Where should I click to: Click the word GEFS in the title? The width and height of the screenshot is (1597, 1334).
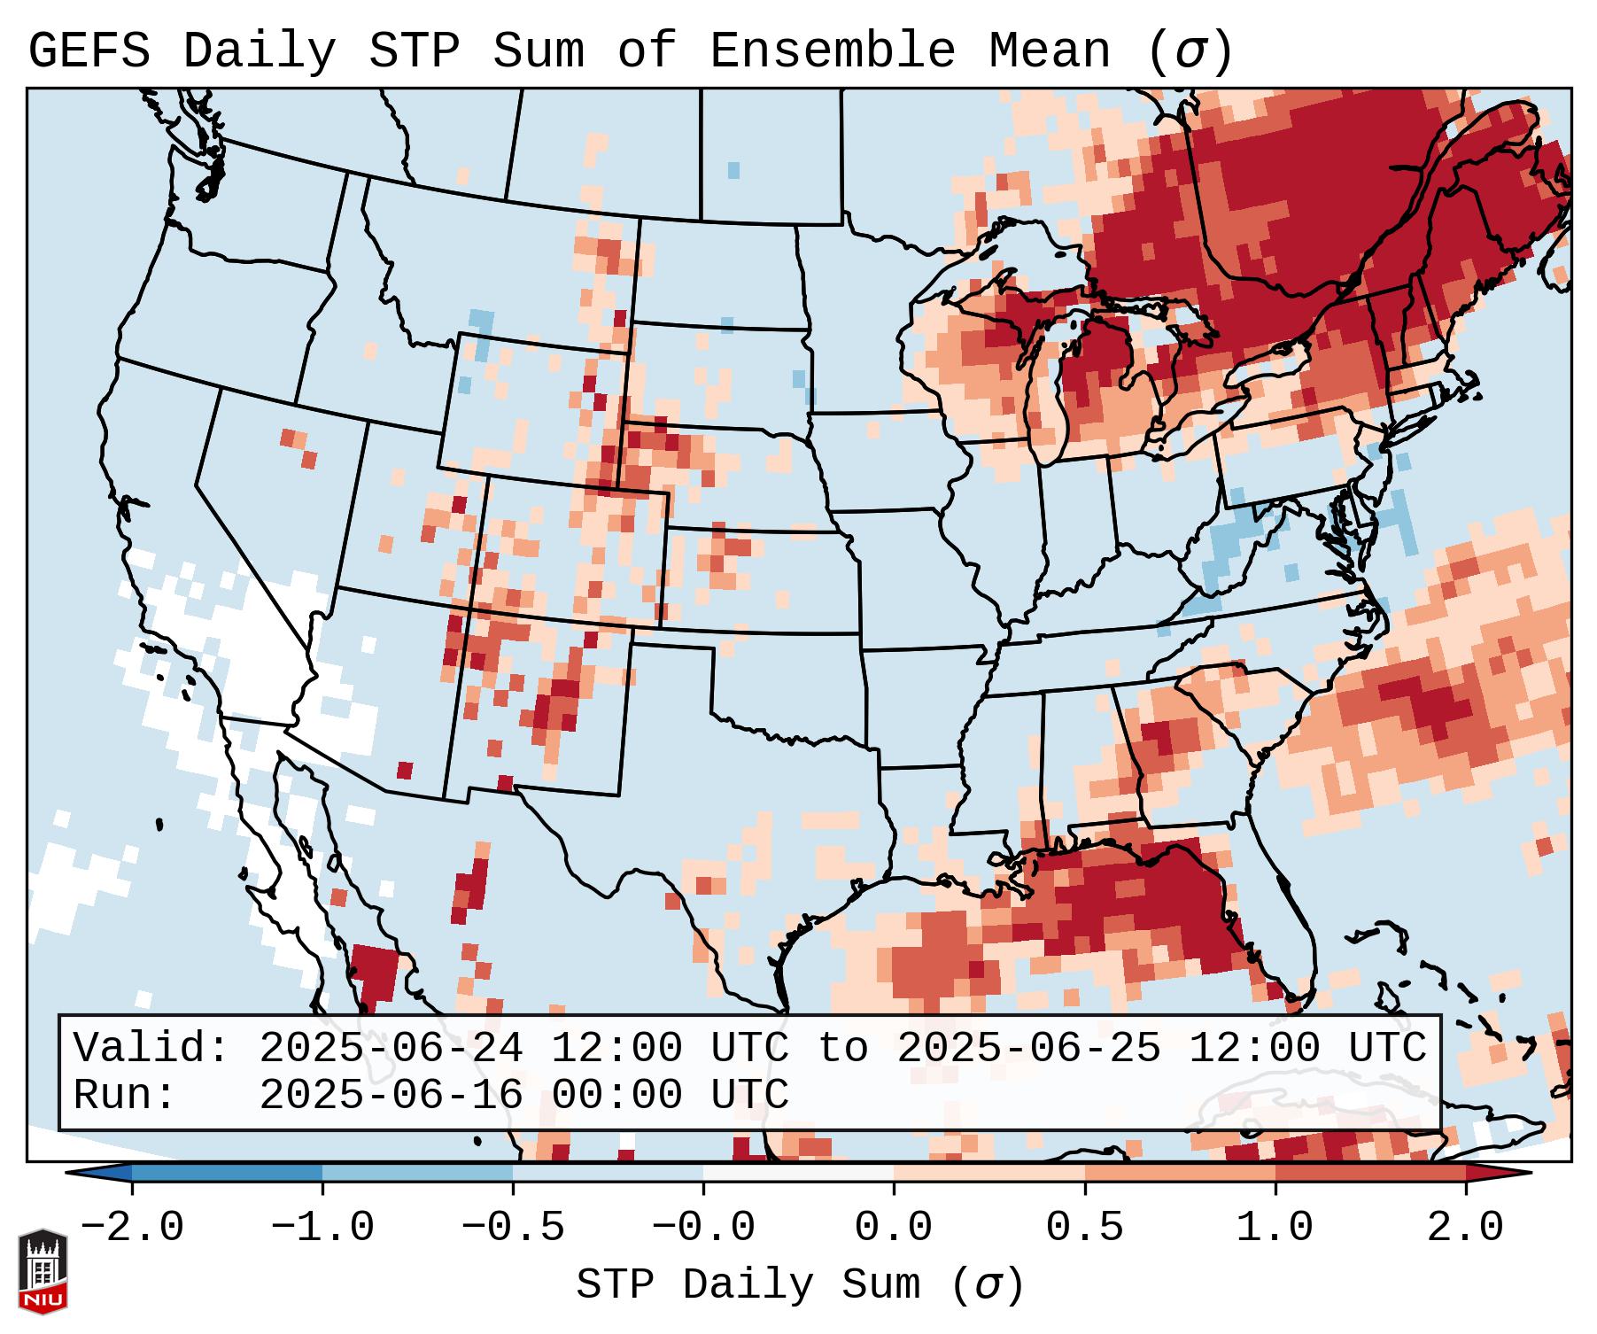pos(89,51)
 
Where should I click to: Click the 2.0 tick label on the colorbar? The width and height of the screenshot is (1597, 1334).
pos(1465,1228)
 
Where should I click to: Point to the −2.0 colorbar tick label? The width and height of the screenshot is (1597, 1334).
pos(132,1228)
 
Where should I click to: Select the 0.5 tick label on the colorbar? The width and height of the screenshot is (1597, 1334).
pos(1084,1228)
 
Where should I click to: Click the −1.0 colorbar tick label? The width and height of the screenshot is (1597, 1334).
pos(322,1228)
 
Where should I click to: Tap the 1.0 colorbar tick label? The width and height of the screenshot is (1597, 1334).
pos(1275,1228)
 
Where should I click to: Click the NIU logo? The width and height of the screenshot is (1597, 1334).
pos(43,1271)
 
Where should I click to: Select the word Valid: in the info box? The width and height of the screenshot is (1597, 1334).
pos(151,1048)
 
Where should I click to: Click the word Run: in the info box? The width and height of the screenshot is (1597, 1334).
pos(125,1095)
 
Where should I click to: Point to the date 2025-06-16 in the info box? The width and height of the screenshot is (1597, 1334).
pos(391,1095)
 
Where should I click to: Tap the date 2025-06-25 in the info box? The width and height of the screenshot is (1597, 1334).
pos(1028,1048)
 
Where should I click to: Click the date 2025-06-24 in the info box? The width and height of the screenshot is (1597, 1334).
pos(391,1048)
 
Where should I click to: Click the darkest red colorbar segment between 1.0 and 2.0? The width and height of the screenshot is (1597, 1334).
pos(1369,1173)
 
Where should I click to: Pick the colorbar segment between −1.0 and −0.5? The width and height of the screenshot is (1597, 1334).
pos(417,1173)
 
